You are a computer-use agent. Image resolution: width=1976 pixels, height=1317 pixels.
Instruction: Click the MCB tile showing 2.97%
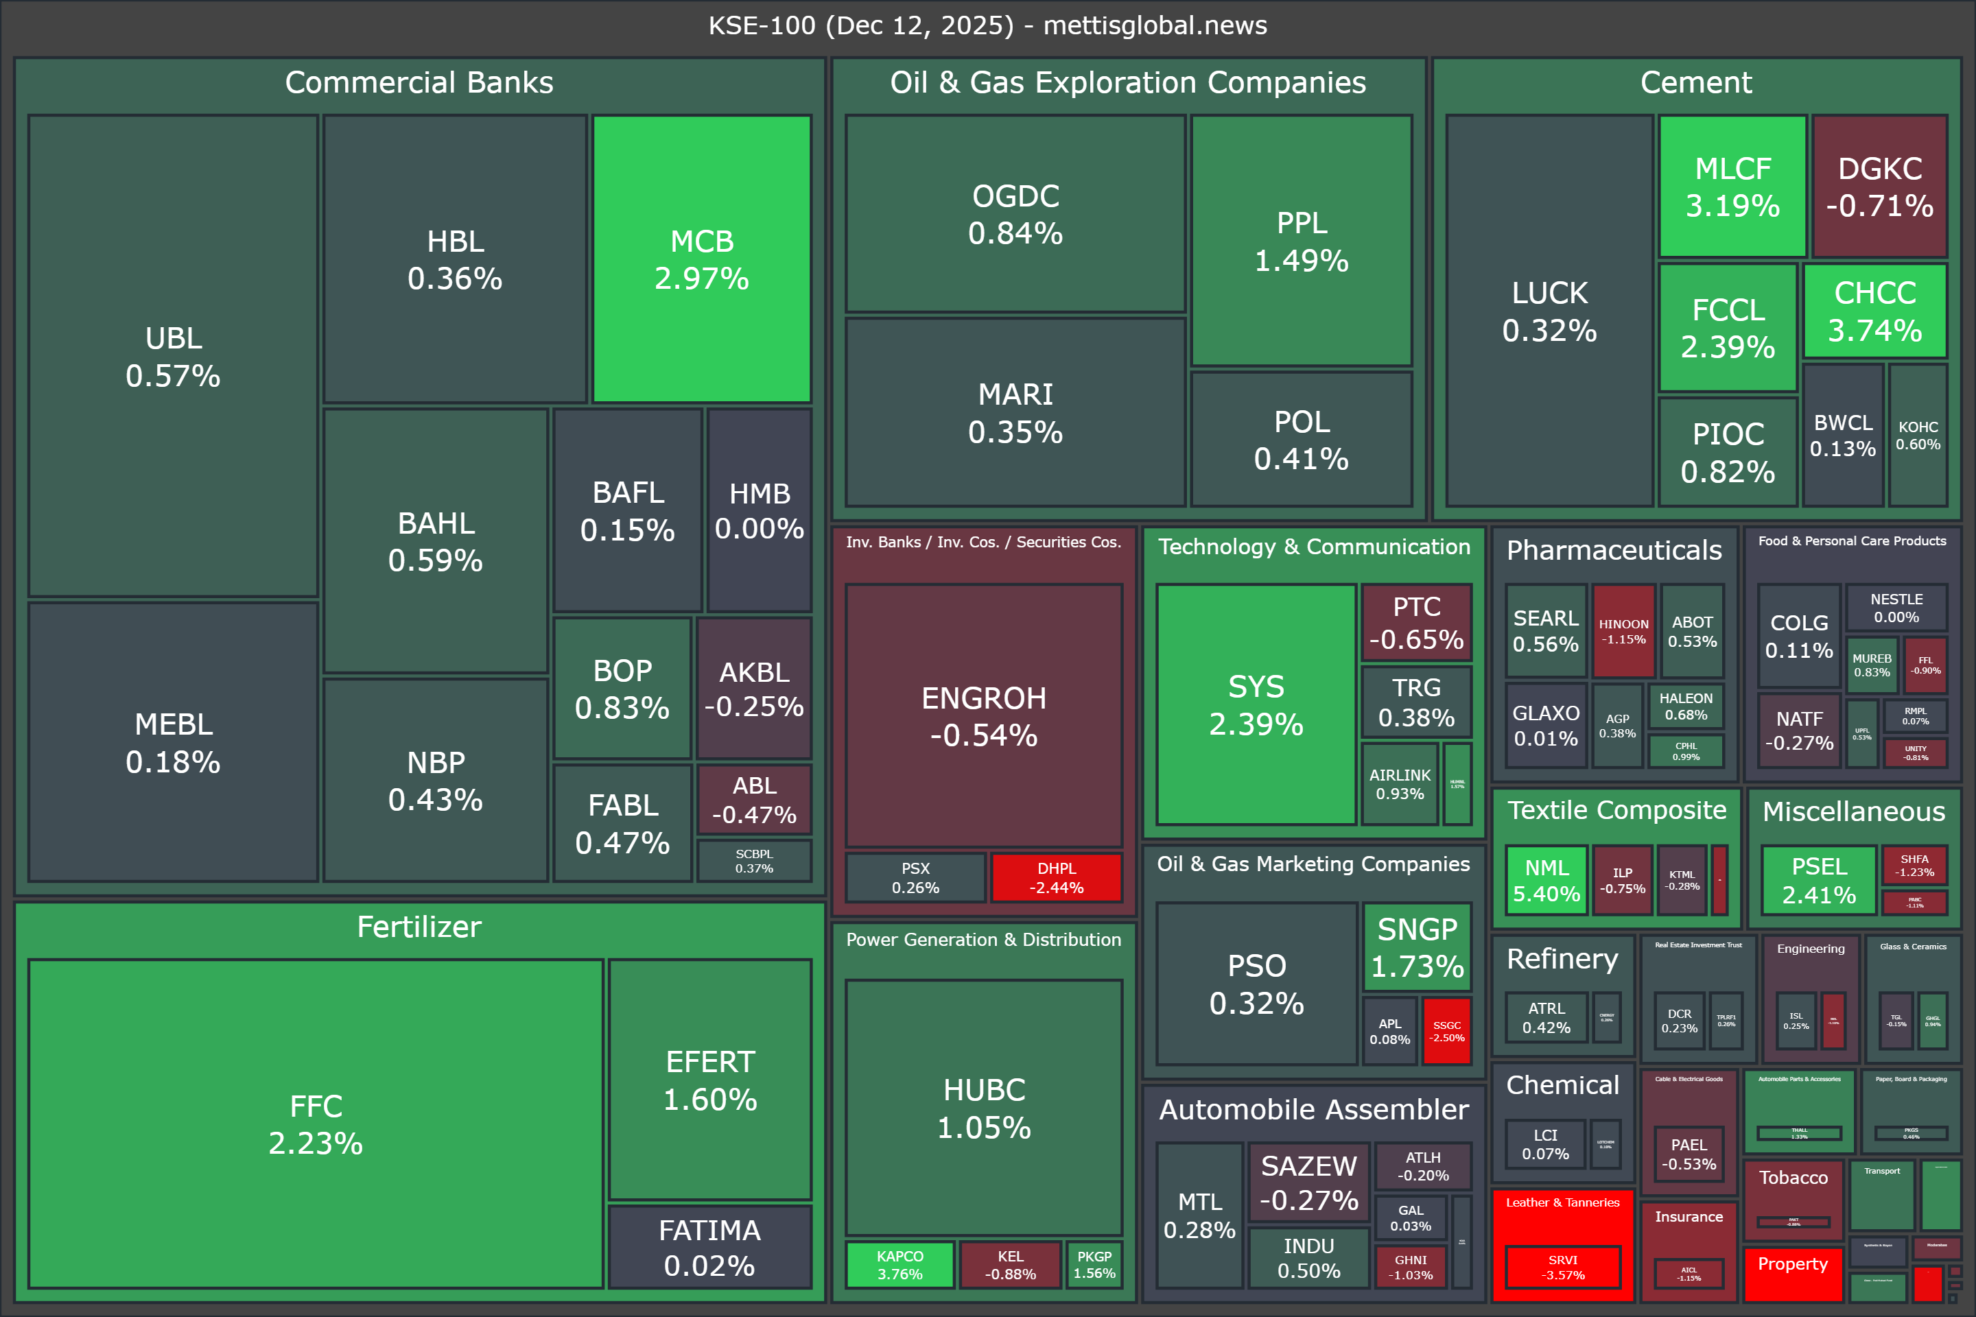tap(701, 259)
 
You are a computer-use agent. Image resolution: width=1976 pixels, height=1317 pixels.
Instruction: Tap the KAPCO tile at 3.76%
tap(899, 1265)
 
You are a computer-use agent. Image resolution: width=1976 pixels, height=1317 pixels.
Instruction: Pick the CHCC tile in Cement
tap(1874, 311)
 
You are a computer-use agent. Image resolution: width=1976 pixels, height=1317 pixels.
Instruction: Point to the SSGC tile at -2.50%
tap(1447, 1030)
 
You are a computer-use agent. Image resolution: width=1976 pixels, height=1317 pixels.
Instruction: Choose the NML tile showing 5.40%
tap(1546, 880)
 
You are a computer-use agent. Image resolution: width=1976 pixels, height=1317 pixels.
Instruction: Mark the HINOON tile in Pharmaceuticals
tap(1623, 631)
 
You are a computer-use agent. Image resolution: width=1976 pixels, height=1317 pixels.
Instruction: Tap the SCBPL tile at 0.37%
tap(753, 861)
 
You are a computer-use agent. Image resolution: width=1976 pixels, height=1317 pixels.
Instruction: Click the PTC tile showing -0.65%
tap(1416, 622)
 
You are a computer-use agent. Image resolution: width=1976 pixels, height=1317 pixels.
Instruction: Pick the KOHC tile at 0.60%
tap(1918, 435)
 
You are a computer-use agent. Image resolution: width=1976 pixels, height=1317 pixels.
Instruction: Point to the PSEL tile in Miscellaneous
tap(1819, 880)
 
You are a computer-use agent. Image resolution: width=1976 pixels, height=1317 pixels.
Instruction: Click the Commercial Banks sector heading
tap(419, 82)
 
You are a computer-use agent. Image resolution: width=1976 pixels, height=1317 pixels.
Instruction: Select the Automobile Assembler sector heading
tap(1314, 1110)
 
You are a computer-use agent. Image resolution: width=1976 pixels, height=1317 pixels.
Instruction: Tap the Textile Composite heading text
tap(1616, 809)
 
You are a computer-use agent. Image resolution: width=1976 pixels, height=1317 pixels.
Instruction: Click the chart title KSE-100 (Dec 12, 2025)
tap(987, 25)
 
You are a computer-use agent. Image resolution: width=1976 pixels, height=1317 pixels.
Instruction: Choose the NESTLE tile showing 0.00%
tap(1896, 607)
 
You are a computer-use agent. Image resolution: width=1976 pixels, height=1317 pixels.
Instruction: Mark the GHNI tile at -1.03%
tap(1411, 1267)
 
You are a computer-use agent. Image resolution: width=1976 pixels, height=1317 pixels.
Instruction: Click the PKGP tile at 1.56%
tap(1094, 1265)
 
